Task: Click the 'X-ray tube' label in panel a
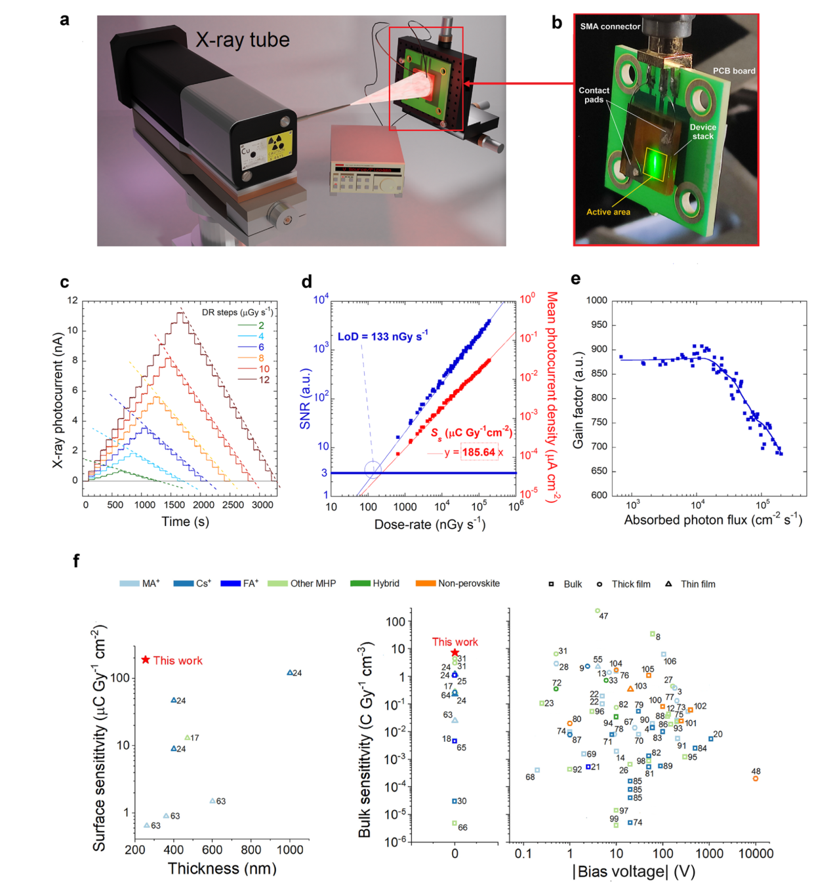pos(242,40)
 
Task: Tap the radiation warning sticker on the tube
pos(277,146)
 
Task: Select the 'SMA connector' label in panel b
pos(609,26)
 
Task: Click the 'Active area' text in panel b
pos(608,212)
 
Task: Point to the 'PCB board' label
pos(734,71)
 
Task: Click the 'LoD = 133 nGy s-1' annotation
pos(382,336)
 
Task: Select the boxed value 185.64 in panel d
pos(479,452)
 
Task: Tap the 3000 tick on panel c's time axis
pos(262,505)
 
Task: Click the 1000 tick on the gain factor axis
pos(596,300)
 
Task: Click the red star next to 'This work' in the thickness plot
pos(146,660)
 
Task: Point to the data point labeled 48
pos(756,779)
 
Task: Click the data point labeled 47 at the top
pos(598,611)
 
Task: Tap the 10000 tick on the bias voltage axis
pos(756,853)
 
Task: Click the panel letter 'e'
pos(575,279)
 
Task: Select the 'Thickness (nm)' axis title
pos(222,868)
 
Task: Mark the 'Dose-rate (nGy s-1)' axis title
pos(430,524)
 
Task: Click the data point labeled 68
pos(537,770)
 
